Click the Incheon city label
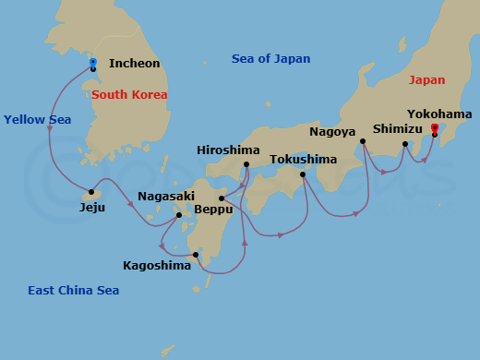(x=134, y=64)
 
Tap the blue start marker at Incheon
(x=93, y=63)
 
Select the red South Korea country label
(x=129, y=94)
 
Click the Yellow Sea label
(x=37, y=119)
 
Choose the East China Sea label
(x=73, y=291)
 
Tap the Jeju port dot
(x=91, y=193)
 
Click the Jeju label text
(x=92, y=207)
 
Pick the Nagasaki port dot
(x=179, y=215)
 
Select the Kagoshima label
(x=157, y=266)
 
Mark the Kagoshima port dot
(x=196, y=255)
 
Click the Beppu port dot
(x=221, y=198)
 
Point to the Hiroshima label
(x=229, y=150)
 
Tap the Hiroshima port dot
(x=246, y=165)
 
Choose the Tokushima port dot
(x=303, y=174)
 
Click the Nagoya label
(x=332, y=132)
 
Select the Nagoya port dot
(x=363, y=141)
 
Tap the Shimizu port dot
(x=405, y=143)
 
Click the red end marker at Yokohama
(x=435, y=127)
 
